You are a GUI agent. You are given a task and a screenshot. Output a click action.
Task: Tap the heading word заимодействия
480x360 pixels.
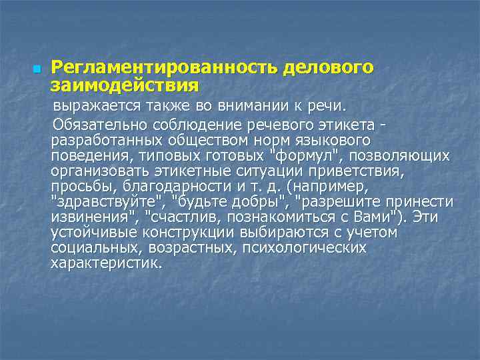pos(125,85)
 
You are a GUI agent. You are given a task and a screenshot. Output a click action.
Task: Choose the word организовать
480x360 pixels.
pos(98,171)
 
